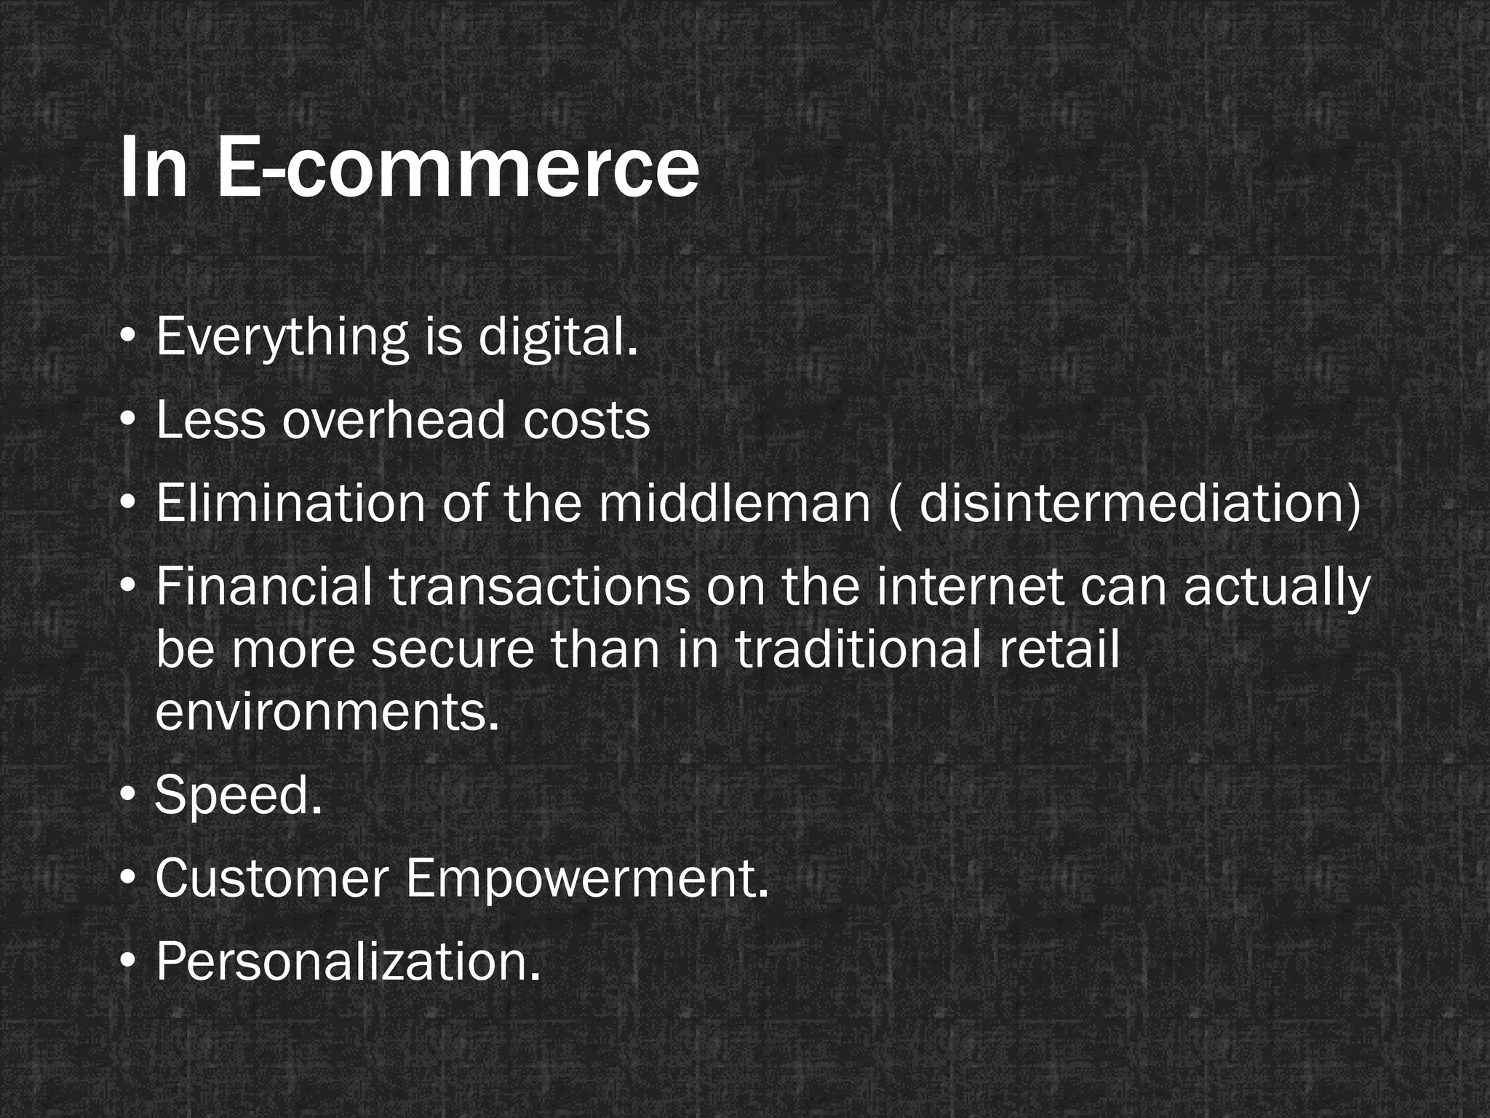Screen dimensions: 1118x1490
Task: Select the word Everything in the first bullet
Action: (x=282, y=338)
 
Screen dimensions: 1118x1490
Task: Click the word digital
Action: (x=558, y=338)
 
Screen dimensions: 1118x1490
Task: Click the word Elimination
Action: (x=290, y=504)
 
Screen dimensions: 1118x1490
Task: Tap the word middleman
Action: (x=735, y=504)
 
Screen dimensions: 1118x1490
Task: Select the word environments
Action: (x=327, y=712)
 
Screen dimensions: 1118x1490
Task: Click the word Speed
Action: (x=239, y=795)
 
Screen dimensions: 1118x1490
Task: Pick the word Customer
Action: (x=272, y=878)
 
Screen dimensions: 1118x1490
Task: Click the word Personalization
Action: (x=348, y=961)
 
